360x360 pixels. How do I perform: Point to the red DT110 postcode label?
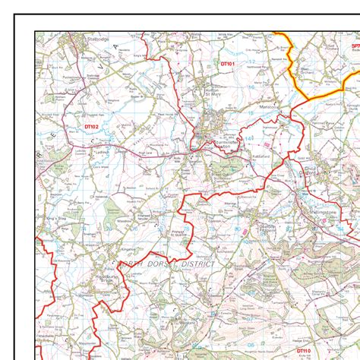(x=304, y=350)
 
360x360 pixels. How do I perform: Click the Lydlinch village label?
(x=84, y=151)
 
